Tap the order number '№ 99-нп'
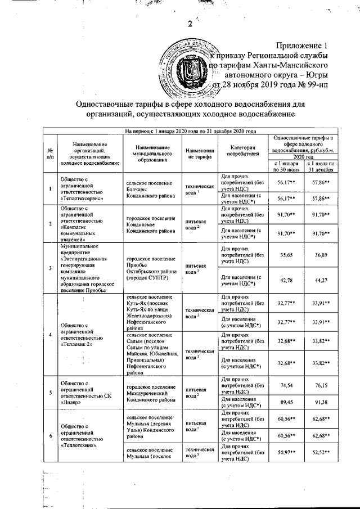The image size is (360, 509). point(304,85)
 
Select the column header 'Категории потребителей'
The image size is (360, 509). point(243,149)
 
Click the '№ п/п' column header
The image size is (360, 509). point(51,153)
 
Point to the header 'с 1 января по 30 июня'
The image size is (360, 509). point(286,166)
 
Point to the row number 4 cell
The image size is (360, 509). point(51,335)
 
